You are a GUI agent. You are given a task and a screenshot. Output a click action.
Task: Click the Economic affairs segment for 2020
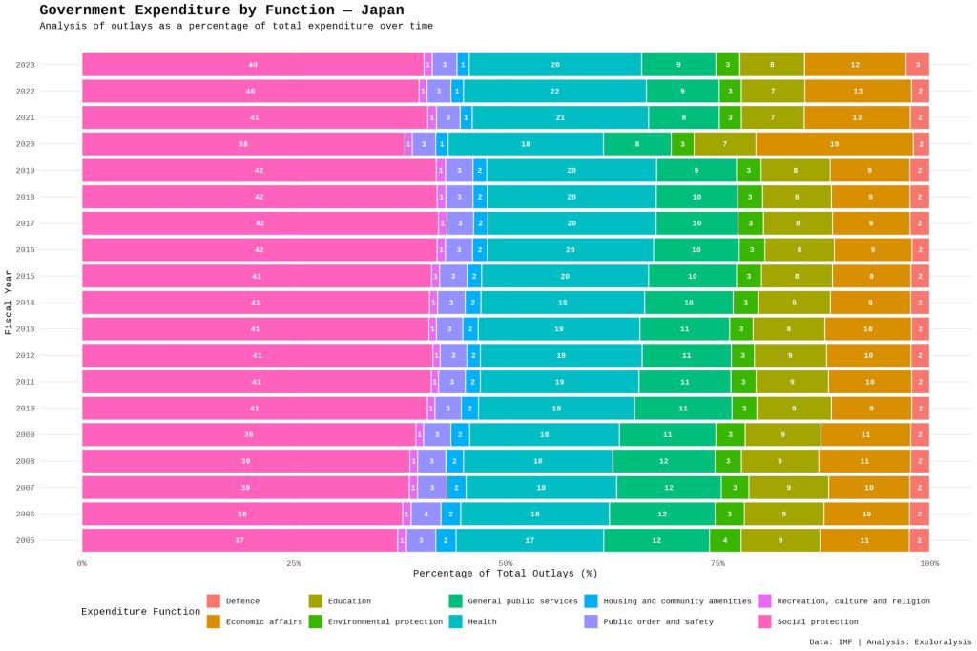pos(834,144)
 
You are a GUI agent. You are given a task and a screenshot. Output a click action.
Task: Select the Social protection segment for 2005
pos(239,540)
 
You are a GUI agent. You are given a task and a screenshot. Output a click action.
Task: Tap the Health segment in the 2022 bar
pos(554,92)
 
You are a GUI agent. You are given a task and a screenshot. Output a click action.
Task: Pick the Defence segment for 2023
pos(917,65)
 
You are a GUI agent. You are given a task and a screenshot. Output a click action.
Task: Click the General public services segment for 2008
pos(663,461)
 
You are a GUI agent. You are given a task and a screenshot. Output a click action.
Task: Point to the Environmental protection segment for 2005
pos(725,540)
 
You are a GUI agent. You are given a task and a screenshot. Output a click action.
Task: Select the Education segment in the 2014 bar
pos(794,303)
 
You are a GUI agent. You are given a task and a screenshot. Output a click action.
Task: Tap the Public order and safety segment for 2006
pos(426,514)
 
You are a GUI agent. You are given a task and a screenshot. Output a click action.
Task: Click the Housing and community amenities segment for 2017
pos(480,223)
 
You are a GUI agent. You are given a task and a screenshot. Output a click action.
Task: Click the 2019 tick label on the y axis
pos(26,171)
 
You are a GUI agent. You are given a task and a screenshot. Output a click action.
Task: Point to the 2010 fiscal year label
pos(26,409)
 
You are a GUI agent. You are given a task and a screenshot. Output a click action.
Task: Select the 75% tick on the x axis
pos(717,563)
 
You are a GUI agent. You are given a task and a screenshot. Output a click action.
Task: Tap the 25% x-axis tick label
pos(294,563)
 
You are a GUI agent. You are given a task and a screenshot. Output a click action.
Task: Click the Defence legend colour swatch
pos(214,601)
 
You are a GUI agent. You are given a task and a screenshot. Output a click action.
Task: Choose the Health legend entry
pos(482,621)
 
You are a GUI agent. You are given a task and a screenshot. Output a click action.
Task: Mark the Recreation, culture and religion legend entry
pos(853,601)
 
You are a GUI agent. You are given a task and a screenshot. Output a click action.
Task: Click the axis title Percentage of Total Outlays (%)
pos(505,574)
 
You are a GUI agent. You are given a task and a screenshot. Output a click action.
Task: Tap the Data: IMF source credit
pos(831,641)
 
